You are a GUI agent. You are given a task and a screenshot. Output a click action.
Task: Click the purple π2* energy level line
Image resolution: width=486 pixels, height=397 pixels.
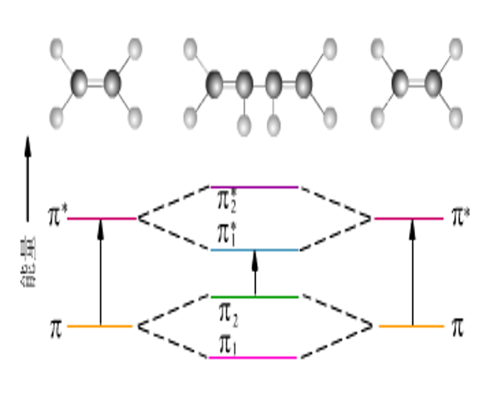pos(254,187)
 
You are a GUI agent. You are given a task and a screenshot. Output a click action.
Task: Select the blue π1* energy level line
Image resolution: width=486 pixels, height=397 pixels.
pos(254,250)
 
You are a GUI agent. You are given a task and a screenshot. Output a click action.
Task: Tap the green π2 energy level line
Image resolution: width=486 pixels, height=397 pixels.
pos(254,296)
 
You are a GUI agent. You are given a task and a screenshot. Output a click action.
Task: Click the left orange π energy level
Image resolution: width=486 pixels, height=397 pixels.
pos(100,326)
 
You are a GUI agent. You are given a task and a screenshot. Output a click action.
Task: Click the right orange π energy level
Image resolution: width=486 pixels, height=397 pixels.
pos(411,326)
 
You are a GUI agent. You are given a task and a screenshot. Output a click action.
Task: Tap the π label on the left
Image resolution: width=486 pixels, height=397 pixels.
pos(55,327)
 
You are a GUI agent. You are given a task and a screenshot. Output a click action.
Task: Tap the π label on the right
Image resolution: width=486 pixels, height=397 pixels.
pos(458,327)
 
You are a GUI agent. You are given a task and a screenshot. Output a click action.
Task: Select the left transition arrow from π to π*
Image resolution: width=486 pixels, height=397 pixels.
pos(100,272)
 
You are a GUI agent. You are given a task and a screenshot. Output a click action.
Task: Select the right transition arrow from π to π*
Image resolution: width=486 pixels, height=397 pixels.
pos(411,272)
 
